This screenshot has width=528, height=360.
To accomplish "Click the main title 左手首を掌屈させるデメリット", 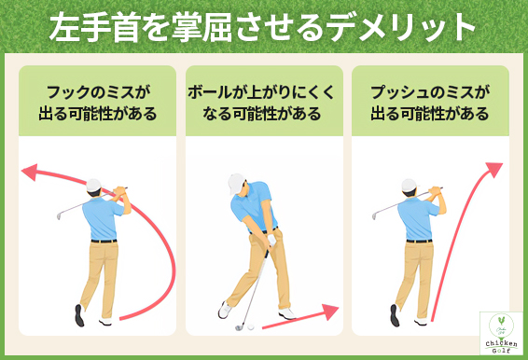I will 264,28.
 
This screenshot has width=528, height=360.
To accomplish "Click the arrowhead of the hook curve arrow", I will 29,172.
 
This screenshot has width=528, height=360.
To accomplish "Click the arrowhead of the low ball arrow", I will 330,311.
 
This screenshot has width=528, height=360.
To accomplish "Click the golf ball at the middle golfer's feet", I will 240,326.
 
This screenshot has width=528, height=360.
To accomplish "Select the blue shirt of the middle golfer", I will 254,210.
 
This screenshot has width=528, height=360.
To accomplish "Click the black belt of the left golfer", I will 104,241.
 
